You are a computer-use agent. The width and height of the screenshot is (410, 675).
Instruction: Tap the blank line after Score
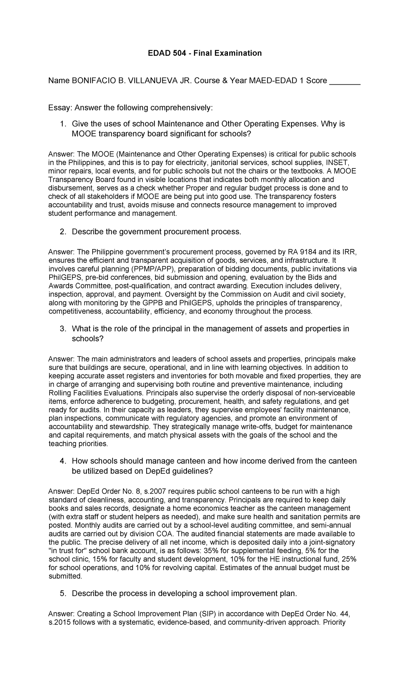(x=344, y=82)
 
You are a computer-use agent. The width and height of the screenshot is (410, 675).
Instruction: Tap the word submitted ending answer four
(x=65, y=576)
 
